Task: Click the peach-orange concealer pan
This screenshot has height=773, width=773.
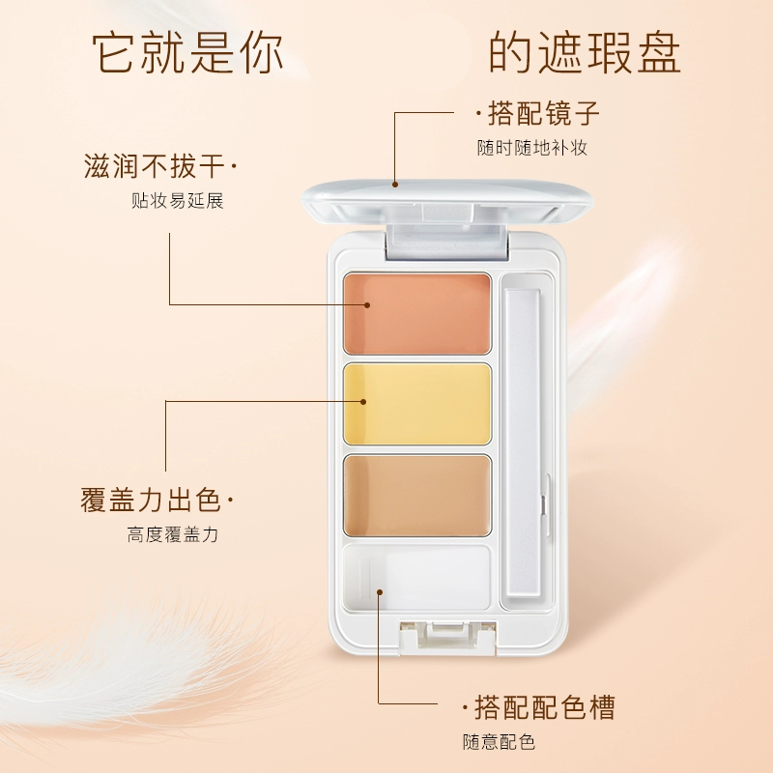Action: click(417, 313)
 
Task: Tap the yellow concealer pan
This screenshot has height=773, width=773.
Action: click(417, 404)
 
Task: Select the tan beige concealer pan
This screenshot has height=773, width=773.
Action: click(417, 496)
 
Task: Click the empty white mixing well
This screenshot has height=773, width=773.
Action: click(417, 577)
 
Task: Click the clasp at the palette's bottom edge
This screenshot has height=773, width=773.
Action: click(447, 637)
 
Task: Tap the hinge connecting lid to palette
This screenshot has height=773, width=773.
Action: click(447, 242)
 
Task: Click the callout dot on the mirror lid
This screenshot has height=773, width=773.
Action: click(395, 185)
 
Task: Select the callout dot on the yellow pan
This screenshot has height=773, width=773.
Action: click(363, 402)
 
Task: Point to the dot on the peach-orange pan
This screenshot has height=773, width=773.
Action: click(367, 304)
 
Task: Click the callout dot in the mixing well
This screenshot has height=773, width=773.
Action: click(380, 591)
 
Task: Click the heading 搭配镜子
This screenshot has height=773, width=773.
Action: click(544, 113)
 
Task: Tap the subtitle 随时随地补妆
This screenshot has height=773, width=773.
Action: click(532, 148)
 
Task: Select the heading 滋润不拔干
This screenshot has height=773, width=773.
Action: click(155, 165)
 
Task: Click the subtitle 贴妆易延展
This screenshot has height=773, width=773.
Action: click(178, 201)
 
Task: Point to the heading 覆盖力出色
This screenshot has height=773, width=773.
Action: click(151, 500)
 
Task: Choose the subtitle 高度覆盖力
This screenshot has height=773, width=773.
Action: click(173, 534)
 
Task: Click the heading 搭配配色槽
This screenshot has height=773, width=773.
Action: click(545, 707)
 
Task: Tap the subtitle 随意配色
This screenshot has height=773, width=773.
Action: click(499, 742)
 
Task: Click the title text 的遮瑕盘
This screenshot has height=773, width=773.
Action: click(585, 53)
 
